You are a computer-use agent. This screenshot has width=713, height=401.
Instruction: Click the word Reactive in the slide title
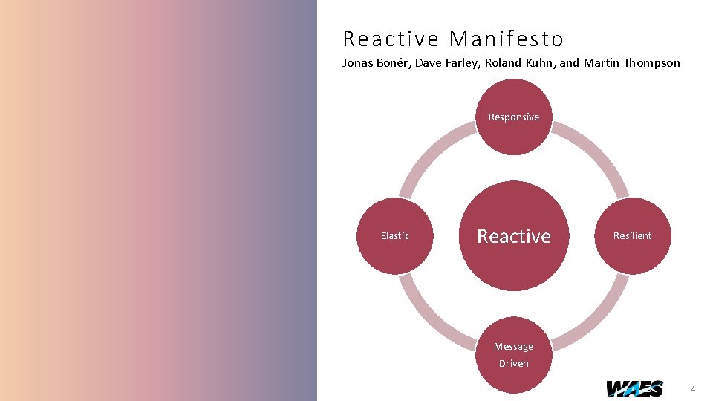click(391, 39)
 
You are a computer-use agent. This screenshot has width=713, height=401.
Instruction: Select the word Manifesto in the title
click(507, 39)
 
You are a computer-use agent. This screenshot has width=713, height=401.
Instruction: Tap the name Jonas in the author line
click(357, 63)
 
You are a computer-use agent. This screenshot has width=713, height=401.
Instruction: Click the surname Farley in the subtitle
click(461, 63)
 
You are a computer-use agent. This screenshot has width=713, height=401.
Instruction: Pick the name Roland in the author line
click(503, 63)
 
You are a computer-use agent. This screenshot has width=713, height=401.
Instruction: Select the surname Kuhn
click(539, 63)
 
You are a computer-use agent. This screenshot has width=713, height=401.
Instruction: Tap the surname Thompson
click(651, 63)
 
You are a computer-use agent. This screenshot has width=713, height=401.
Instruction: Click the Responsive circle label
click(514, 117)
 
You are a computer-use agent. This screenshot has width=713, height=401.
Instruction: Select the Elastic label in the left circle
click(395, 236)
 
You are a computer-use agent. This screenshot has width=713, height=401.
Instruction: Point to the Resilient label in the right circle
click(632, 236)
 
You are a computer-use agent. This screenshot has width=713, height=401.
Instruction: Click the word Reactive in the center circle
click(514, 236)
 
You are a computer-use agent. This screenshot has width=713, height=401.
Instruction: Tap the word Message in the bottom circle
click(514, 347)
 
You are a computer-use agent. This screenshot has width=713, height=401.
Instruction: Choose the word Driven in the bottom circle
click(514, 363)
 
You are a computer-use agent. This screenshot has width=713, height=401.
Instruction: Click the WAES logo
click(634, 388)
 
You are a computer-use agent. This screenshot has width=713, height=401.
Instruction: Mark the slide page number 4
click(693, 389)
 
